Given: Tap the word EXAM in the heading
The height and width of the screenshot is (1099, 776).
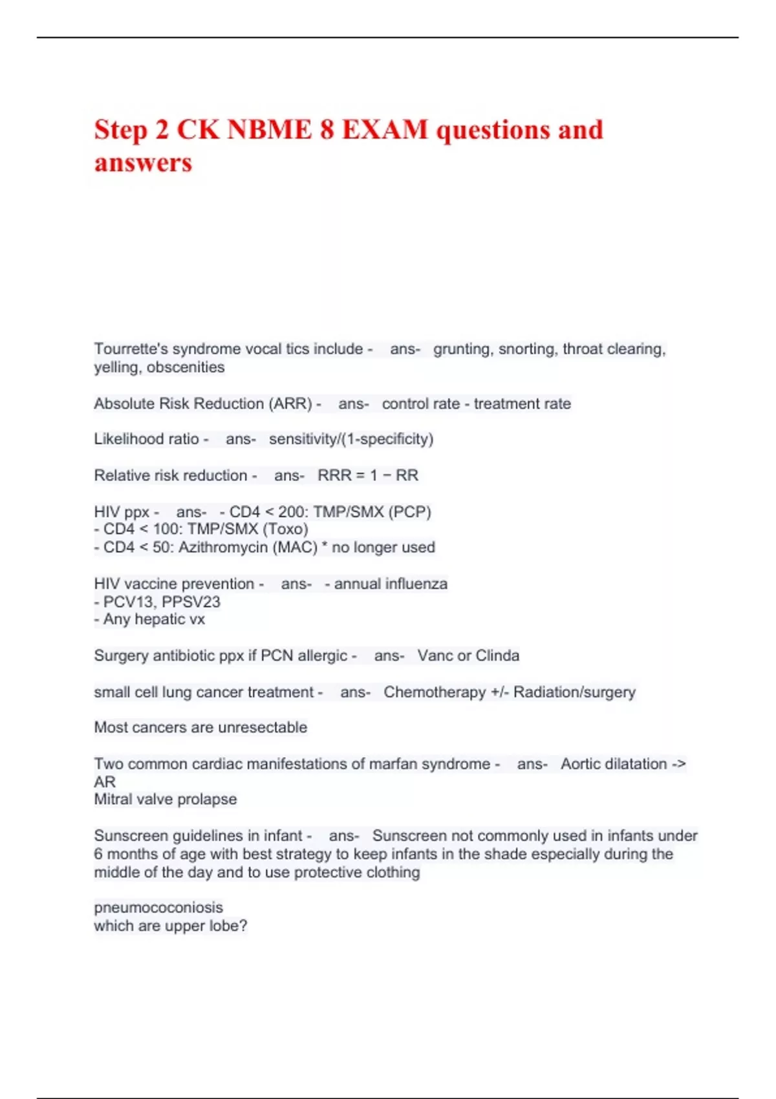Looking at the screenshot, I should click(x=385, y=130).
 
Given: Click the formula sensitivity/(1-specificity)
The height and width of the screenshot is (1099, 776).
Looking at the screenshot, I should click(x=351, y=439).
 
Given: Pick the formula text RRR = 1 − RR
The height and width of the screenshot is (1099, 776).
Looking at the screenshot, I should click(x=368, y=476).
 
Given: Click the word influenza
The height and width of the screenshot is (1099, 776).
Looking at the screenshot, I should click(x=416, y=584).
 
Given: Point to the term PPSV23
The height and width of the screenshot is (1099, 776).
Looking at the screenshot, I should click(x=191, y=602).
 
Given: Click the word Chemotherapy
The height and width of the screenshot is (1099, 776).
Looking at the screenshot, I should click(x=435, y=692).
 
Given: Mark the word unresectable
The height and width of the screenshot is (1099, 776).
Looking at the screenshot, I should click(x=263, y=727).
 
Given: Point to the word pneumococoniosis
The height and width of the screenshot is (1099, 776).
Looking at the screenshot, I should click(x=158, y=908).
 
